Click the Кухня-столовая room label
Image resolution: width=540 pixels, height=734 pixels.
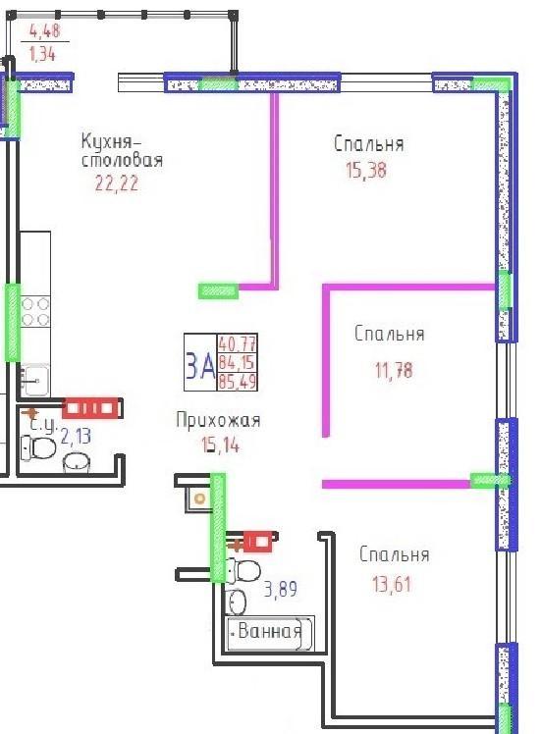123,150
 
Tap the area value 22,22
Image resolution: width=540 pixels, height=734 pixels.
117,183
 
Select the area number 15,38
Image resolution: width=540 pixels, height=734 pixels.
366,170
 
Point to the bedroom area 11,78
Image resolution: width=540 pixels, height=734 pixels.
394,370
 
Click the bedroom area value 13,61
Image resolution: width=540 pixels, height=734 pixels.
392,584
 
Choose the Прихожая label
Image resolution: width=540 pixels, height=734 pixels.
218,420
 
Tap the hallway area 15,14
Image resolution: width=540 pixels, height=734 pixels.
220,445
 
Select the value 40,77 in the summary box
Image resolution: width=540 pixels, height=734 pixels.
237,344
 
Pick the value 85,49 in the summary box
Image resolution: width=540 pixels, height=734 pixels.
237,382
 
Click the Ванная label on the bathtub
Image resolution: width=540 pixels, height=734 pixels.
269,631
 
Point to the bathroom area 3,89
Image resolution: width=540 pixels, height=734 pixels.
281,589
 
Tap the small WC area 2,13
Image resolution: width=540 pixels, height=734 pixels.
76,436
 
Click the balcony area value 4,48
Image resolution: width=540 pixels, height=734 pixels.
44,30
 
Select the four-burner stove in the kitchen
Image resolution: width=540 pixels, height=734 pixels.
35,312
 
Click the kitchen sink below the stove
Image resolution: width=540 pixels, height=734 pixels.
34,380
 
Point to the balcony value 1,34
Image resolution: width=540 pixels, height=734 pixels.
42,54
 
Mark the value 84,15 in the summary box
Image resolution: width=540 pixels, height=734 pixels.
237,362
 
